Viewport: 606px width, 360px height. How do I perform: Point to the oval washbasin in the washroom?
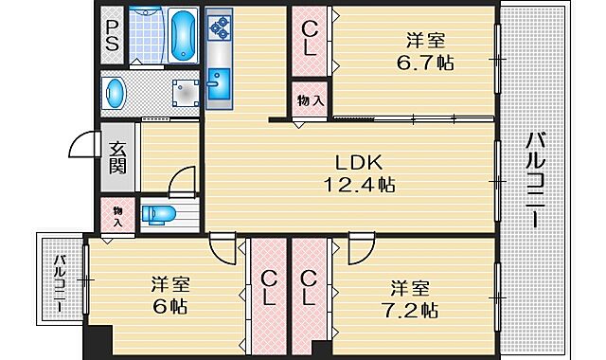(116, 93)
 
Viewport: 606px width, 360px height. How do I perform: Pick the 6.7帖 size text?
(426, 63)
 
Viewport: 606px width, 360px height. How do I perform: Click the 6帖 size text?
(171, 307)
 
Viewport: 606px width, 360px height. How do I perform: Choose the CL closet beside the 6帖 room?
(269, 288)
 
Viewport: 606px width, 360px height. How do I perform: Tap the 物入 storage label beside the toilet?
(118, 215)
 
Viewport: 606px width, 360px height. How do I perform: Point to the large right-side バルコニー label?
(533, 180)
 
